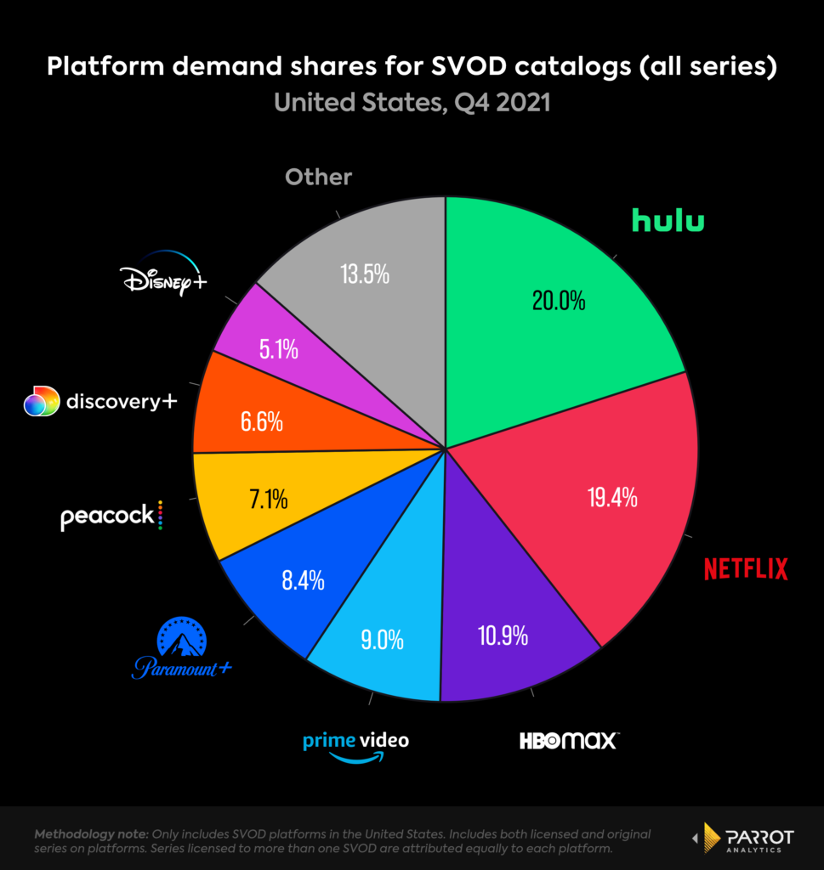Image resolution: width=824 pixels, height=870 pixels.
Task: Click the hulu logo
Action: (x=668, y=220)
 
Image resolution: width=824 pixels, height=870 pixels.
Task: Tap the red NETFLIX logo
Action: (x=746, y=568)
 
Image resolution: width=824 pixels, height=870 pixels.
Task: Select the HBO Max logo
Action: (x=569, y=740)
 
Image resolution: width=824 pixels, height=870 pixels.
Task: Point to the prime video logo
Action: (x=355, y=745)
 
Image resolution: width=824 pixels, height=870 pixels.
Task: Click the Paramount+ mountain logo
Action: (x=182, y=650)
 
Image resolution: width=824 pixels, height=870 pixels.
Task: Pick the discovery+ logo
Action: (x=100, y=401)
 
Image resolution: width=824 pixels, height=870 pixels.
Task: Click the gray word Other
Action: (x=318, y=177)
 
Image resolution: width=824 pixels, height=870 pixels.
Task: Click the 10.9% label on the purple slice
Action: (x=504, y=634)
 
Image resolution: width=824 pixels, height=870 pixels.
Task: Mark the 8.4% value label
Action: (x=303, y=581)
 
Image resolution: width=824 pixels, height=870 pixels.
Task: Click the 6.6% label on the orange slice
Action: (x=260, y=421)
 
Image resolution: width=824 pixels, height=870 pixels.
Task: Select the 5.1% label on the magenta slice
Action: (x=277, y=350)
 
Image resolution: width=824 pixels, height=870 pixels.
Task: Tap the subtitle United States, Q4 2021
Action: (x=412, y=103)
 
